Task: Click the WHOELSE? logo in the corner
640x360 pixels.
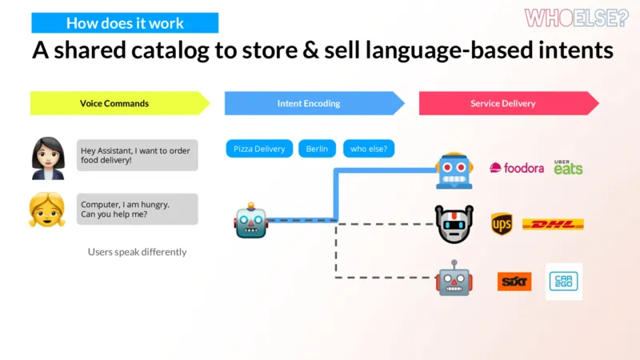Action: pyautogui.click(x=576, y=18)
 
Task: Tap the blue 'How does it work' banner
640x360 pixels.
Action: pyautogui.click(x=125, y=23)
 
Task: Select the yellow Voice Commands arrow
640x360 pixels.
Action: pyautogui.click(x=120, y=103)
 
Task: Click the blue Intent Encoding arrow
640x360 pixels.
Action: pyautogui.click(x=314, y=103)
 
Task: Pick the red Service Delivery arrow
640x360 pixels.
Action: pyautogui.click(x=509, y=103)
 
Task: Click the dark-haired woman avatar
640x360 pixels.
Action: pyautogui.click(x=48, y=158)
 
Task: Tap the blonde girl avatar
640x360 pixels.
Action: pyautogui.click(x=47, y=210)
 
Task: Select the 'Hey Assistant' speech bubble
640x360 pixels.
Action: pyautogui.click(x=137, y=155)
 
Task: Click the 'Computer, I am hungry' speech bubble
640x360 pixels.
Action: pyautogui.click(x=137, y=209)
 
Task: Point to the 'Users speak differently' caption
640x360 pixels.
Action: pyautogui.click(x=137, y=252)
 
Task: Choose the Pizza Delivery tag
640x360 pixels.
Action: pyautogui.click(x=259, y=149)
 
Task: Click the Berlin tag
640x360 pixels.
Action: pyautogui.click(x=317, y=149)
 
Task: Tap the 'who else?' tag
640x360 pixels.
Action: pyautogui.click(x=369, y=149)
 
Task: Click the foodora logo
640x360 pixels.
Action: pyautogui.click(x=517, y=168)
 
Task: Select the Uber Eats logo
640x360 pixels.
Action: pyautogui.click(x=568, y=167)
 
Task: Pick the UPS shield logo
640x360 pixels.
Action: pyautogui.click(x=502, y=224)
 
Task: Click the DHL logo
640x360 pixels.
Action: pyautogui.click(x=553, y=224)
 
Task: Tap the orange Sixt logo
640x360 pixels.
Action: pyautogui.click(x=514, y=282)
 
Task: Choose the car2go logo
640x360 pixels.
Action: pyautogui.click(x=564, y=282)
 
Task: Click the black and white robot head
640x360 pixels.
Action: pyautogui.click(x=454, y=224)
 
